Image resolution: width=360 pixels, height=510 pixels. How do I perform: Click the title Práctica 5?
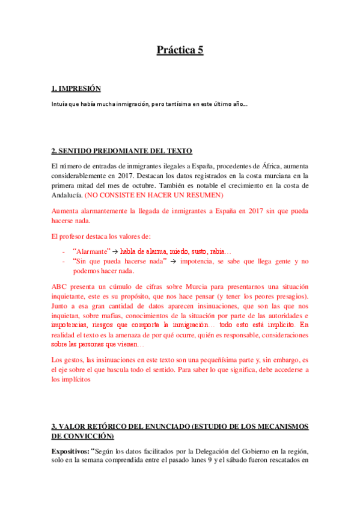(180, 50)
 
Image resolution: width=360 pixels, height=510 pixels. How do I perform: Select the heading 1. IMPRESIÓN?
(76, 89)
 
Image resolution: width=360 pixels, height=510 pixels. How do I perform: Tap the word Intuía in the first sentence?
(60, 104)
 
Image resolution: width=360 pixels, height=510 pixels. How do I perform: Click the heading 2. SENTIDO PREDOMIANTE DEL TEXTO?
(121, 150)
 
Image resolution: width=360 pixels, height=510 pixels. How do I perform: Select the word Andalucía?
(67, 196)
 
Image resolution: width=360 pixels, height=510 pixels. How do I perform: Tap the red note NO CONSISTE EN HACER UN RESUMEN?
(154, 196)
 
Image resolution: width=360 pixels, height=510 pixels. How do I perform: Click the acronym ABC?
(60, 287)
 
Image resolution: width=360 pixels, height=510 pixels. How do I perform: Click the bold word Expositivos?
(70, 451)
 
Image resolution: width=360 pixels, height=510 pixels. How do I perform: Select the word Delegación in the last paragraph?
(211, 451)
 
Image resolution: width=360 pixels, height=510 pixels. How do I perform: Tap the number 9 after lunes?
(205, 461)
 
